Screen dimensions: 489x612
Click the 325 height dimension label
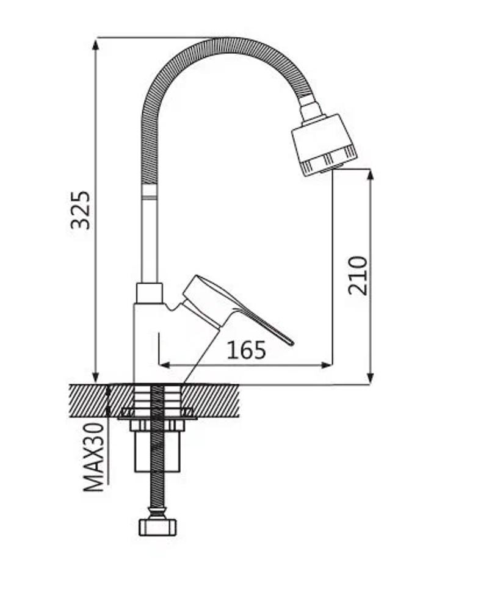(x=81, y=210)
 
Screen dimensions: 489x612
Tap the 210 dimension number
(x=358, y=275)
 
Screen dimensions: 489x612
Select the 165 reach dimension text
(x=247, y=350)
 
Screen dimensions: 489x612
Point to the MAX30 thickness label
(x=94, y=457)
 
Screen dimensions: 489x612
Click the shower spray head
(x=324, y=145)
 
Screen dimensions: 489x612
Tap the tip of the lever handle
(x=291, y=343)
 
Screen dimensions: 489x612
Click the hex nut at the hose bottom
(x=158, y=527)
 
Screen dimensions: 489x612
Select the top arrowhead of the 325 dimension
(x=95, y=44)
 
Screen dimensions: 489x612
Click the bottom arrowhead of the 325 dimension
(x=95, y=378)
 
